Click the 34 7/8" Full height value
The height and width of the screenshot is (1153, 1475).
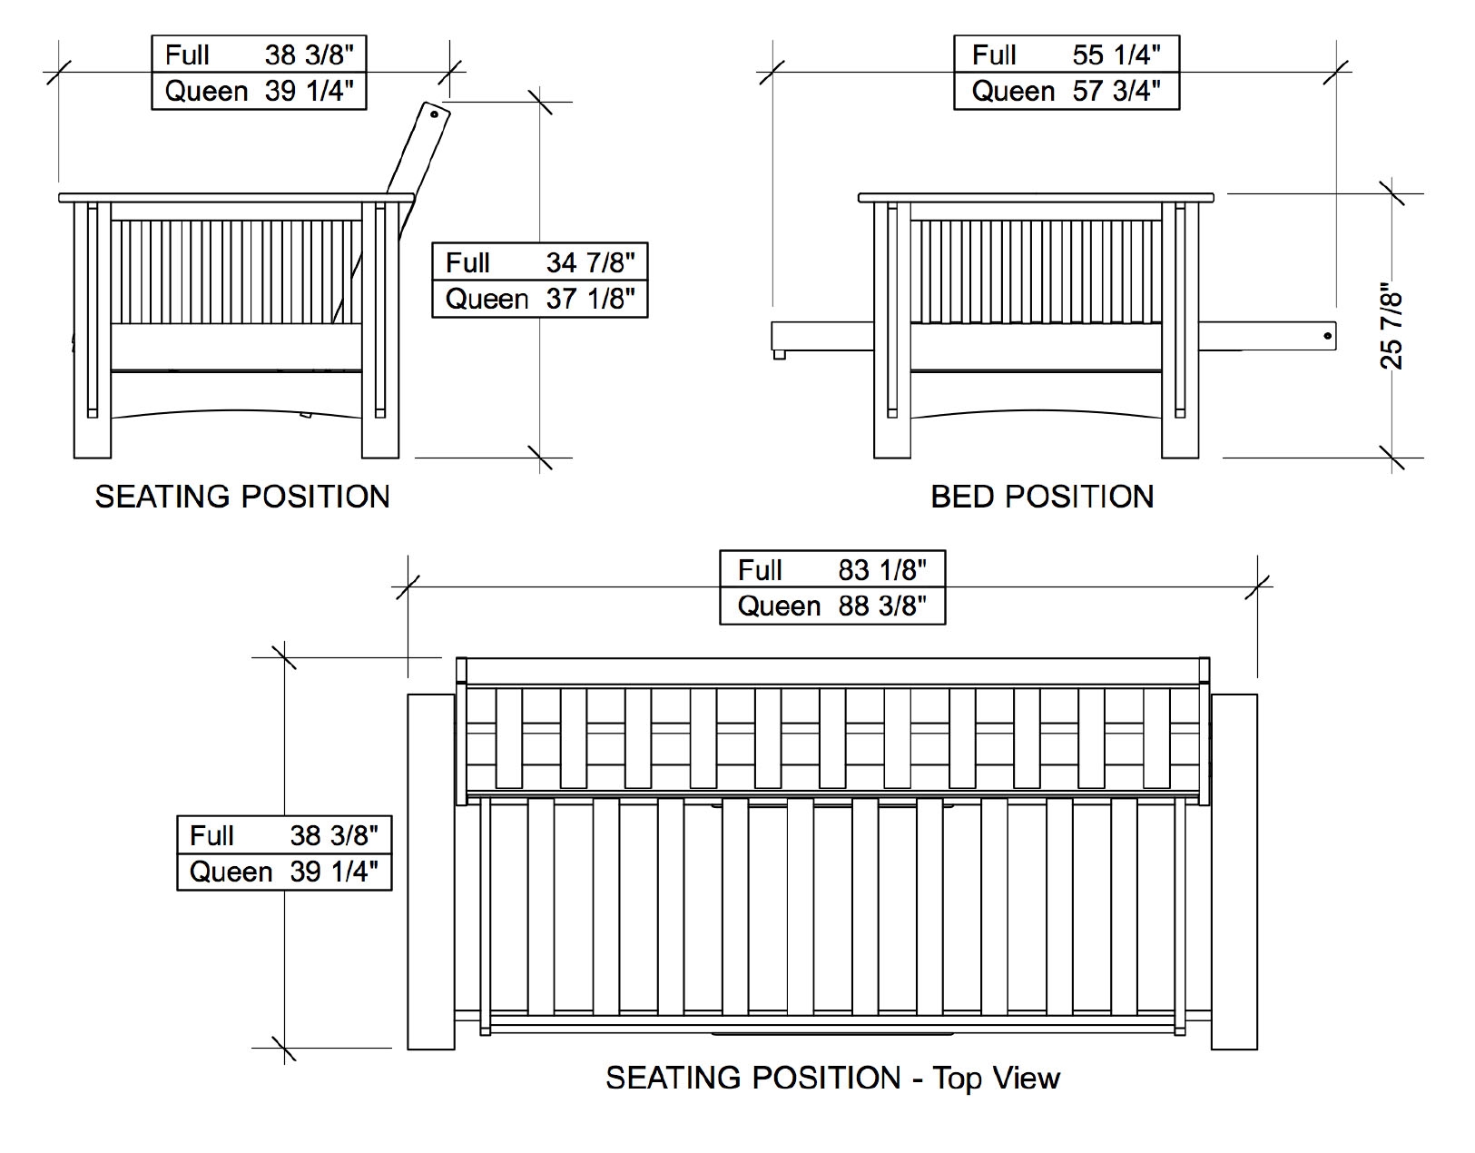point(590,262)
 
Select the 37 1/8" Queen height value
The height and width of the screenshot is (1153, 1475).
point(590,299)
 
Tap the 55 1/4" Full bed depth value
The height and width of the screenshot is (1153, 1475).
point(1116,55)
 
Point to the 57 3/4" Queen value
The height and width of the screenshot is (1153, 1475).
point(1116,91)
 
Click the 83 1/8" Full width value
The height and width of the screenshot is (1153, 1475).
point(882,570)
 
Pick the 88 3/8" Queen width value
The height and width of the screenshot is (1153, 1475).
point(882,606)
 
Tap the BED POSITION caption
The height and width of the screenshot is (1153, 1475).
point(1042,497)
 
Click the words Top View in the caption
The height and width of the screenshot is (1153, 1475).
point(996,1078)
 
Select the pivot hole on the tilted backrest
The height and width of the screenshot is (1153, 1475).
point(435,114)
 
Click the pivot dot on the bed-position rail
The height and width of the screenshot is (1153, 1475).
point(1327,336)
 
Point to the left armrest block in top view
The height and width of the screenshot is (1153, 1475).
point(431,872)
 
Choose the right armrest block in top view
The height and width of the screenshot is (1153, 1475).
point(1234,872)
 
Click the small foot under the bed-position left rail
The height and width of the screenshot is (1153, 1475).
point(779,354)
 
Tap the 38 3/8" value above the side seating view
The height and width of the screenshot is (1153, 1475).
point(309,55)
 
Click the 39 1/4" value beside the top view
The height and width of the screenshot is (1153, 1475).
point(334,872)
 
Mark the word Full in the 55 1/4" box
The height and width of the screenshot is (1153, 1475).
point(994,55)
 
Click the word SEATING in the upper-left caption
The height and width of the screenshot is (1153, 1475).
point(162,497)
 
